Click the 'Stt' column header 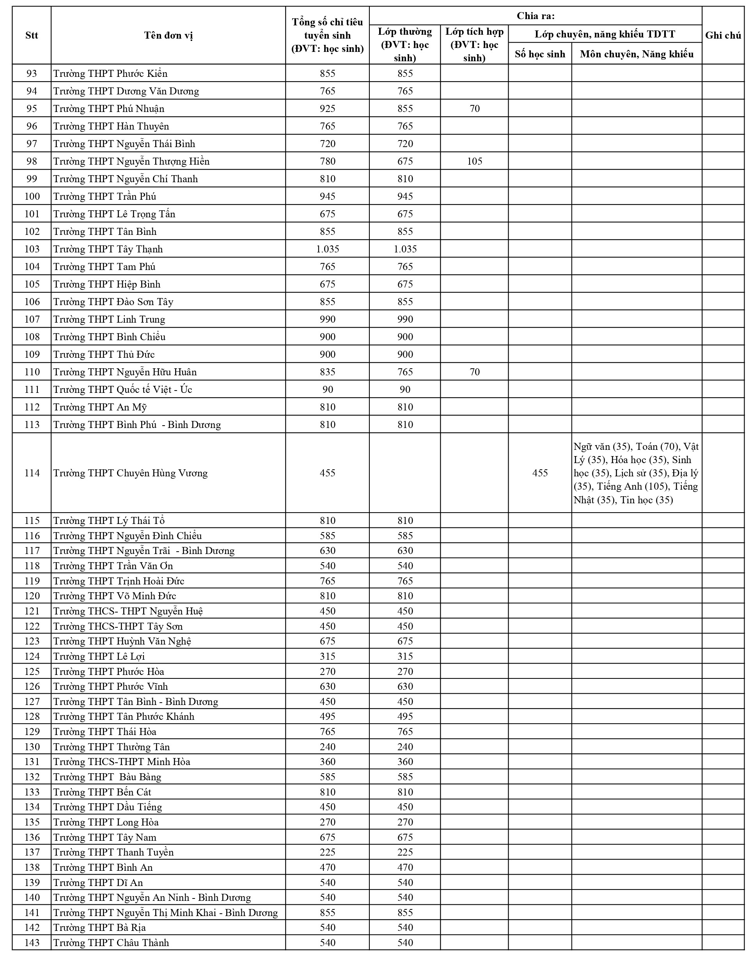point(32,36)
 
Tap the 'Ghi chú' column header point(722,36)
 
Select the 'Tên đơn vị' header point(168,36)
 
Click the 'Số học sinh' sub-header point(540,54)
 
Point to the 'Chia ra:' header point(536,16)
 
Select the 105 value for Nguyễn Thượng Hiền point(474,161)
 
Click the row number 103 point(32,249)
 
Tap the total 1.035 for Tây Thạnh point(327,249)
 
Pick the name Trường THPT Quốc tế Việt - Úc point(123,390)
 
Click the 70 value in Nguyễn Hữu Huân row point(474,372)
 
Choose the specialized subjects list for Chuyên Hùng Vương point(636,473)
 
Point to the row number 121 point(32,611)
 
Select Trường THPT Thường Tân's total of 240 point(327,747)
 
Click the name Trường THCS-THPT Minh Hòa point(122,762)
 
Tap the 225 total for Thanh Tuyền point(327,852)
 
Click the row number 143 point(32,943)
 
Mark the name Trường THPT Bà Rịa point(99,927)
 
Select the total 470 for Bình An point(327,867)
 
